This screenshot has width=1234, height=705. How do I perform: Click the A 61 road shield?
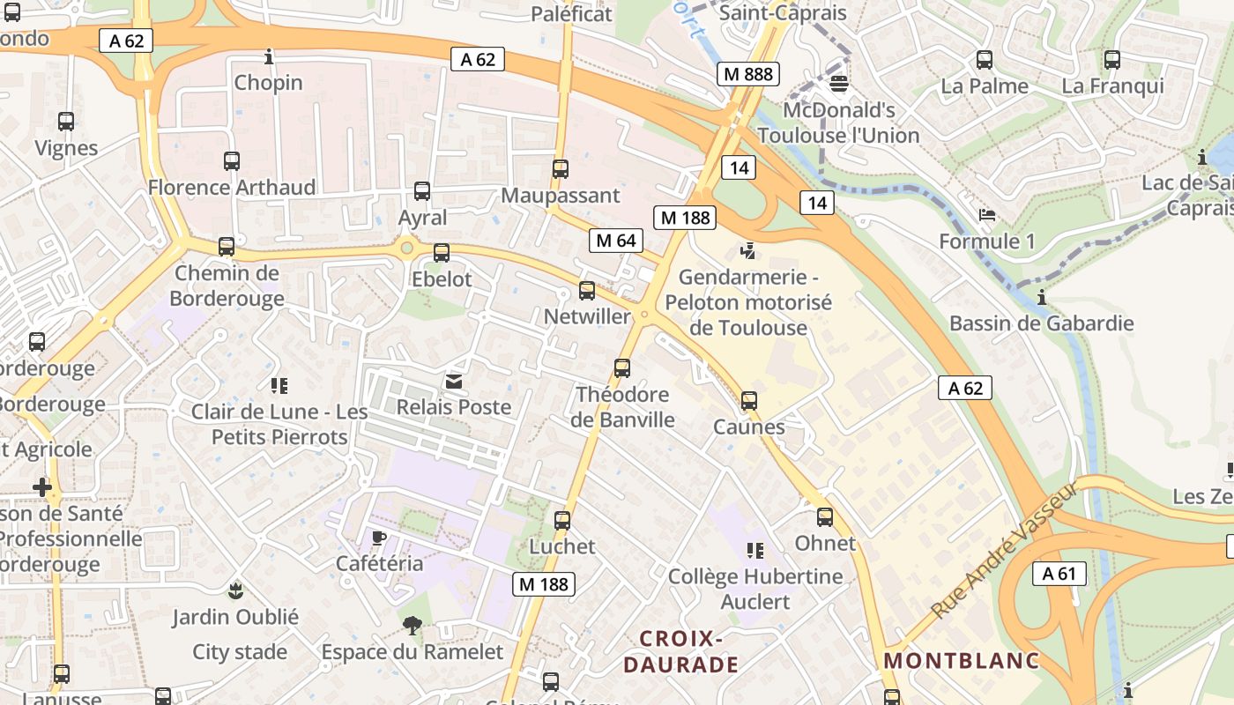click(1059, 574)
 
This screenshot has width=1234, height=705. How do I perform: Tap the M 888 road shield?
click(747, 74)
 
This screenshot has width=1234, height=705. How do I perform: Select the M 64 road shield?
click(615, 241)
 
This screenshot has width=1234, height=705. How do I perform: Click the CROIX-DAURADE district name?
click(680, 651)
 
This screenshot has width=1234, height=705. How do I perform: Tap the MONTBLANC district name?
click(962, 660)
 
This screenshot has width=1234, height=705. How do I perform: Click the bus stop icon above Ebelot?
click(442, 253)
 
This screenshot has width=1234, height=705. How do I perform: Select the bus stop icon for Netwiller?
click(587, 291)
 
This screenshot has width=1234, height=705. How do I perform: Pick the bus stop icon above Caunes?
click(749, 401)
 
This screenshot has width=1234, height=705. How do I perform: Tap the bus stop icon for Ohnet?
click(825, 517)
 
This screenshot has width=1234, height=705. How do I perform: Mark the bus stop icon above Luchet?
click(562, 521)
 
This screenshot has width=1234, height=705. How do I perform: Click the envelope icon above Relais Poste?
click(454, 381)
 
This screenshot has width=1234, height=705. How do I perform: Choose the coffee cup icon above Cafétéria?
click(379, 538)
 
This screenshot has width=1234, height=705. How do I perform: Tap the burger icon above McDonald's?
click(839, 84)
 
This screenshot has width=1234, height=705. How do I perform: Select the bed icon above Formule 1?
click(987, 215)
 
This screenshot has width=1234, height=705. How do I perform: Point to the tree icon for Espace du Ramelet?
click(412, 626)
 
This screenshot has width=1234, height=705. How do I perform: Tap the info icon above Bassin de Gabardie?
click(1042, 297)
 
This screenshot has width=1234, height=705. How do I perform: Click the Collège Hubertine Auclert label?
click(755, 589)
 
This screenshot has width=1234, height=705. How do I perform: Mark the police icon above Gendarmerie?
click(748, 251)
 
